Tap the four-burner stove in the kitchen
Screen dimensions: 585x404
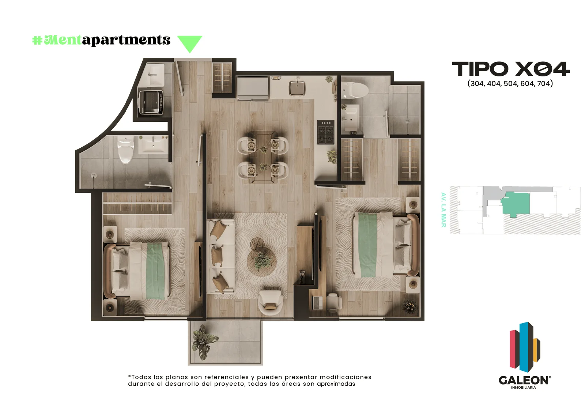[326, 132]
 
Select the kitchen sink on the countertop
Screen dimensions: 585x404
[297, 88]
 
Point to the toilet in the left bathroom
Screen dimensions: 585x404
[126, 150]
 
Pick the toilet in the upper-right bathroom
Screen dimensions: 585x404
[354, 90]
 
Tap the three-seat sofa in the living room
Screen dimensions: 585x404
[221, 256]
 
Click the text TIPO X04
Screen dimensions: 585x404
[510, 69]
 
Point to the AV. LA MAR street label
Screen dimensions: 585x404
[443, 210]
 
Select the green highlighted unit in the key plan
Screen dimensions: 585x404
[516, 203]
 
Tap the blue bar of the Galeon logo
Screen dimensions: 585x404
[524, 347]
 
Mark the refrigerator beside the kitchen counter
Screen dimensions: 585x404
[253, 88]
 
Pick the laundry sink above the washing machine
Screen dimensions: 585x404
[155, 75]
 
